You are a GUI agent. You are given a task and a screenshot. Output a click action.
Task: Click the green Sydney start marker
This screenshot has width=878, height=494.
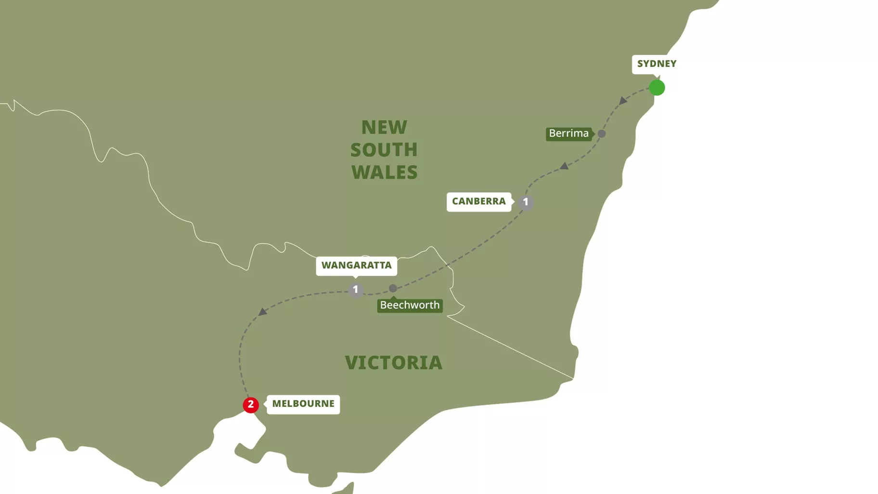[657, 88]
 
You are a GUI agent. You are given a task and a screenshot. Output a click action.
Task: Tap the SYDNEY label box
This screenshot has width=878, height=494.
[657, 64]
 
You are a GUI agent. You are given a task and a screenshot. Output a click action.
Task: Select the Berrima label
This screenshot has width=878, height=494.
[568, 133]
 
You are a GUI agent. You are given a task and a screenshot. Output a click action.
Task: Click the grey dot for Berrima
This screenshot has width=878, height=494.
[602, 134]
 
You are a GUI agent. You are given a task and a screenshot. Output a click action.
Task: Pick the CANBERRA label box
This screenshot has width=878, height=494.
[478, 201]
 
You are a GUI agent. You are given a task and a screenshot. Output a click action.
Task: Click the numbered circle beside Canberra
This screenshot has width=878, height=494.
[526, 202]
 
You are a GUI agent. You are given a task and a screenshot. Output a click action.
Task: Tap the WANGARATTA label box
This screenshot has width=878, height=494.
[356, 265]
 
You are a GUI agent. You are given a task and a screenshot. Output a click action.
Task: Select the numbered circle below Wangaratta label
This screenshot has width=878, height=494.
[356, 290]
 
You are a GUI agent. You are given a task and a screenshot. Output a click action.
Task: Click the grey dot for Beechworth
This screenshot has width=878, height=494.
[393, 288]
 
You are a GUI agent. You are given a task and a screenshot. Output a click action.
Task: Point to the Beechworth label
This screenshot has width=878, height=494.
[410, 305]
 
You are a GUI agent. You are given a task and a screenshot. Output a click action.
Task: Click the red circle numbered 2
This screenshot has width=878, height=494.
[250, 405]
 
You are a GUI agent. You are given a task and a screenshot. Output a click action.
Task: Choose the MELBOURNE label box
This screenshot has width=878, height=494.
[303, 404]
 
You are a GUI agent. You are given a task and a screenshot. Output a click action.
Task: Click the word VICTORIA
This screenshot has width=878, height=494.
[393, 363]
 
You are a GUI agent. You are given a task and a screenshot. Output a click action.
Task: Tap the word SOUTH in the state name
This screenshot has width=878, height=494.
[384, 150]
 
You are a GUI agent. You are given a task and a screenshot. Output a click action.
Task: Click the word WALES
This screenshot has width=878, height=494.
[384, 172]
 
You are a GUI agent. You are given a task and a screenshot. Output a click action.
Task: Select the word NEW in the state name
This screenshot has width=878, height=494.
[384, 128]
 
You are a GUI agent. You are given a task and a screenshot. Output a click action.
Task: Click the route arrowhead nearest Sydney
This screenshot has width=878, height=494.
[623, 101]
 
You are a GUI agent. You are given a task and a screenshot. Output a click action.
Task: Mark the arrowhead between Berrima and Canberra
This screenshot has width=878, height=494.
[564, 166]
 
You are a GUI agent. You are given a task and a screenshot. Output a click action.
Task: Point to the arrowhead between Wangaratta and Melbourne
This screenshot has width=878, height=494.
[262, 312]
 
